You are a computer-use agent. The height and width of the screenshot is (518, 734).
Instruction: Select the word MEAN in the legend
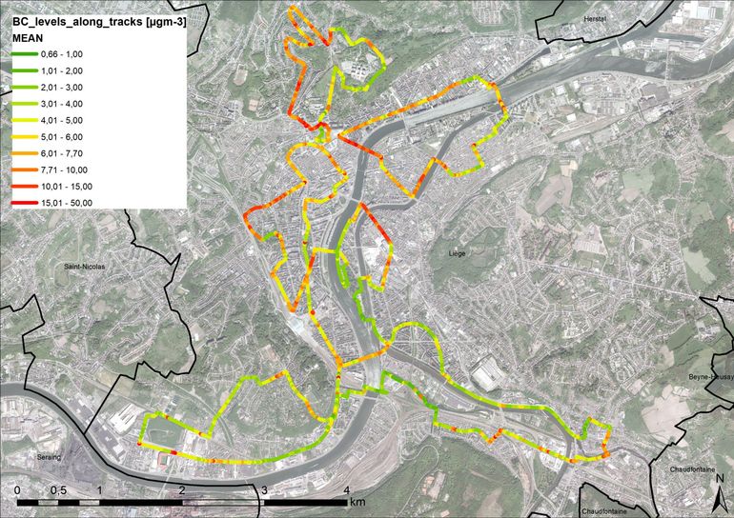[x=29, y=37]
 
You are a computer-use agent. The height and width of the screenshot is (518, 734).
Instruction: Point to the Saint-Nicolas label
[x=84, y=268]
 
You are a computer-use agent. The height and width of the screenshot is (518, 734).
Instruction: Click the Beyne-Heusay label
[x=709, y=378]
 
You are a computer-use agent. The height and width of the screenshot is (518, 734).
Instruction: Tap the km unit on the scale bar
[x=357, y=502]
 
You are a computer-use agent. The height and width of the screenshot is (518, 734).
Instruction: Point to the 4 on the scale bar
[x=346, y=489]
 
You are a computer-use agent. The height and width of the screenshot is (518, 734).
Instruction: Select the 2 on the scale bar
[x=181, y=489]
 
